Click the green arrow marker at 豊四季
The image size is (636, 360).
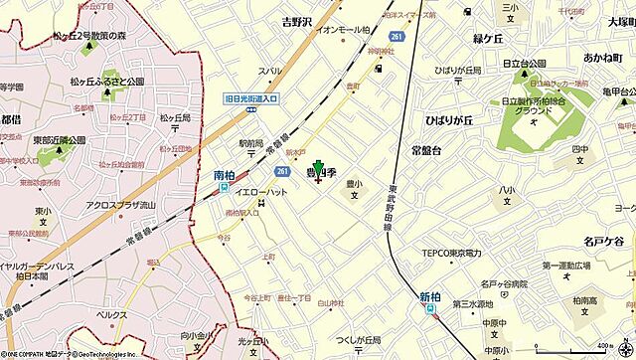click(318, 168)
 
